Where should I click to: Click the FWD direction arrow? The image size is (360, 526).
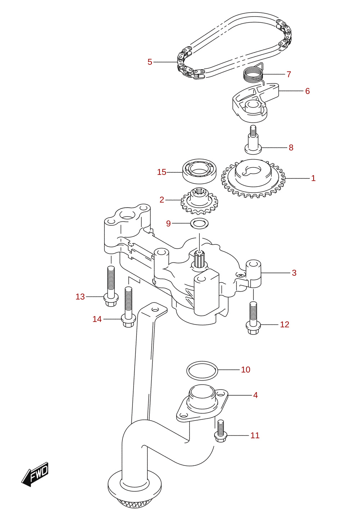[x=35, y=474]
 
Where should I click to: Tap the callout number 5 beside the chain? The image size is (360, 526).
[x=150, y=62]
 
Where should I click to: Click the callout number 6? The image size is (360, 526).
[x=307, y=91]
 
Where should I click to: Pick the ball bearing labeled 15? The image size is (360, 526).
[x=199, y=171]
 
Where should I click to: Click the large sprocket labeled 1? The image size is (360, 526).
[x=253, y=179]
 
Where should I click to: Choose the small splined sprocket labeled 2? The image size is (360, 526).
[x=199, y=201]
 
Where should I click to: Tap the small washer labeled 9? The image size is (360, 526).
[x=199, y=223]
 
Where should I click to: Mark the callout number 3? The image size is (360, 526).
[x=294, y=273]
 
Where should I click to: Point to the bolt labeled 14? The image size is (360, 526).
[x=128, y=307]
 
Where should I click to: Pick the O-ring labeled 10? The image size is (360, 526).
[x=202, y=371]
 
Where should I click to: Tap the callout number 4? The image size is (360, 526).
[x=255, y=395]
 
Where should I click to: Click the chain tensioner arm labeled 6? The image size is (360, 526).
[x=255, y=103]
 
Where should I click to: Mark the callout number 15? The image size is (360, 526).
[x=162, y=172]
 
